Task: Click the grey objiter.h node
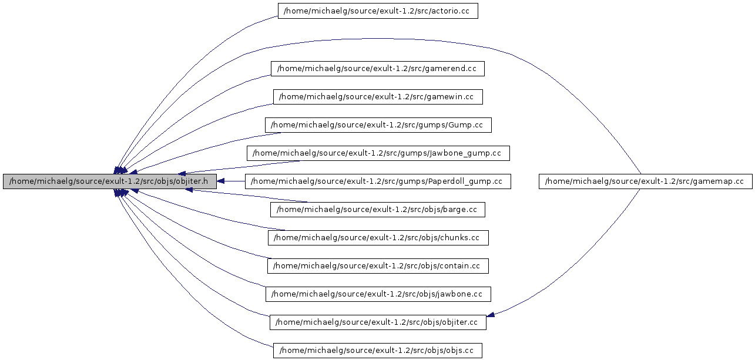coord(109,181)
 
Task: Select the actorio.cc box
coord(377,11)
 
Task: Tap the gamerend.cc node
coord(377,69)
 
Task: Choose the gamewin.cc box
coord(377,97)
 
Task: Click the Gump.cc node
coord(377,125)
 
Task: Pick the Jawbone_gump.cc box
coord(377,153)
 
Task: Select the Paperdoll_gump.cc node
coord(377,181)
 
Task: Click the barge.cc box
coord(377,210)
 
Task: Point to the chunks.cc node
coord(377,238)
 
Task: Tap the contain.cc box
coord(377,266)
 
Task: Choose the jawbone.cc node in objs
coord(377,294)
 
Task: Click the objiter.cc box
coord(377,322)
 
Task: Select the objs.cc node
coord(377,351)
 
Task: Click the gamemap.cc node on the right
coord(645,181)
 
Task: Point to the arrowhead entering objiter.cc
coord(491,315)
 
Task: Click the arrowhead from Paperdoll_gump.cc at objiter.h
coord(221,181)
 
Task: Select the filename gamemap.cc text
coord(720,181)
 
